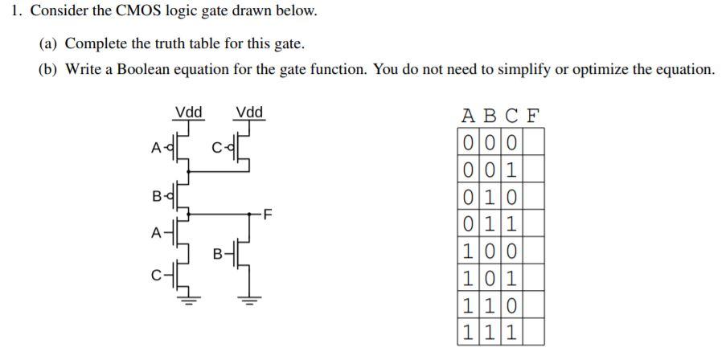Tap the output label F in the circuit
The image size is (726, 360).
269,215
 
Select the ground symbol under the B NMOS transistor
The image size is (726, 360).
249,303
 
